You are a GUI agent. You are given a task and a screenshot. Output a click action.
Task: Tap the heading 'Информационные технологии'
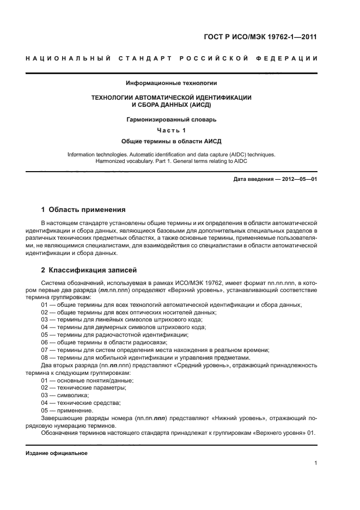pos(172,83)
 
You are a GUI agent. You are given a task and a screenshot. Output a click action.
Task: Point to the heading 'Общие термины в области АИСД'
pos(172,141)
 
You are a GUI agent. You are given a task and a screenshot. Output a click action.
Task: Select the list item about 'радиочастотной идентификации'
pos(114,335)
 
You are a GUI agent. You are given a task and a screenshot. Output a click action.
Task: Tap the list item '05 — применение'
pos(66,410)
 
